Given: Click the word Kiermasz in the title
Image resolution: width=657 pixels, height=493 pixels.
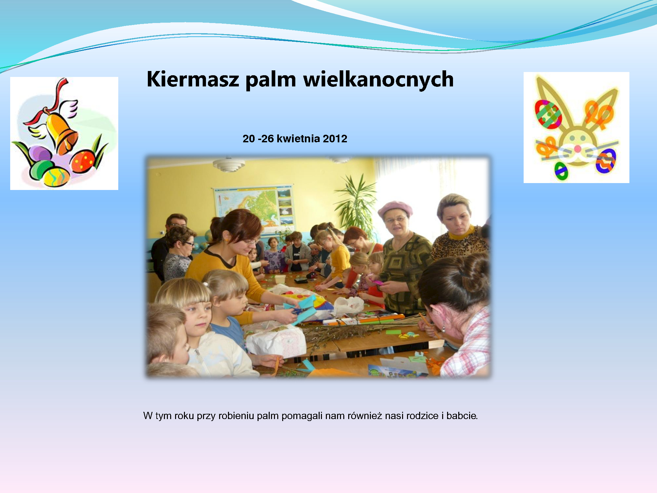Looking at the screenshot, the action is tap(193, 79).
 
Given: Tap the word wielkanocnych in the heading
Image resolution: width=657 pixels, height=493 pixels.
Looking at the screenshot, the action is tap(378, 79).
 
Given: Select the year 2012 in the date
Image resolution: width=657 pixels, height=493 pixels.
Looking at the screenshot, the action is tap(335, 139).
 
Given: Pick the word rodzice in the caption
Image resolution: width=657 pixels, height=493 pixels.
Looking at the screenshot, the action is tap(422, 416).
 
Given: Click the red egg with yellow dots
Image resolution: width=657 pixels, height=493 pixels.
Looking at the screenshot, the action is tap(83, 161).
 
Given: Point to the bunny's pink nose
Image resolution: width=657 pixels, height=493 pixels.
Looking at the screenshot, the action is tap(577, 149).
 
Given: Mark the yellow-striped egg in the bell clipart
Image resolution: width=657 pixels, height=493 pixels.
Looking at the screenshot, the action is tap(57, 177).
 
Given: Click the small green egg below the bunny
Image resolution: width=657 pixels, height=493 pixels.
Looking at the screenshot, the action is tap(561, 171).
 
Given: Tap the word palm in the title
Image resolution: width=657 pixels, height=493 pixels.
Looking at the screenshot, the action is tap(271, 80).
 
